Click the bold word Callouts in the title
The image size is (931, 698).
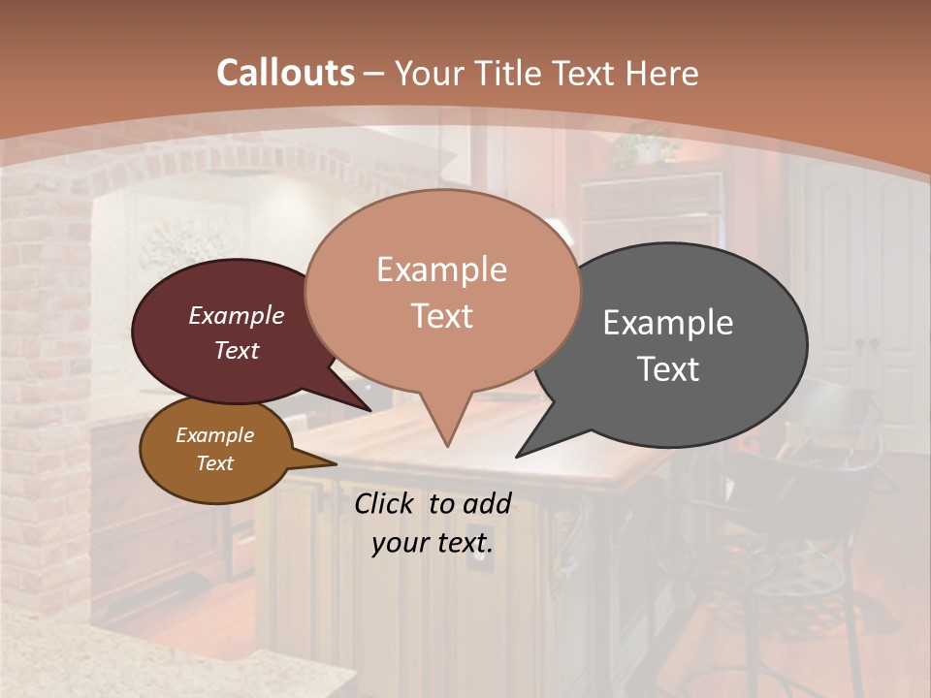(x=285, y=73)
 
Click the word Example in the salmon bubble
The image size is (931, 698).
(x=441, y=270)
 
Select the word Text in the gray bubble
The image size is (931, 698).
(x=668, y=369)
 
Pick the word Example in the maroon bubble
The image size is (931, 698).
(x=237, y=316)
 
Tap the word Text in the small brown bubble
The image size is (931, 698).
(x=215, y=463)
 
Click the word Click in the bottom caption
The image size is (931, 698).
(x=385, y=503)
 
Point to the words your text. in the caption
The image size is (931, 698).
(x=433, y=543)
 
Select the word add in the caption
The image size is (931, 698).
(x=486, y=503)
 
